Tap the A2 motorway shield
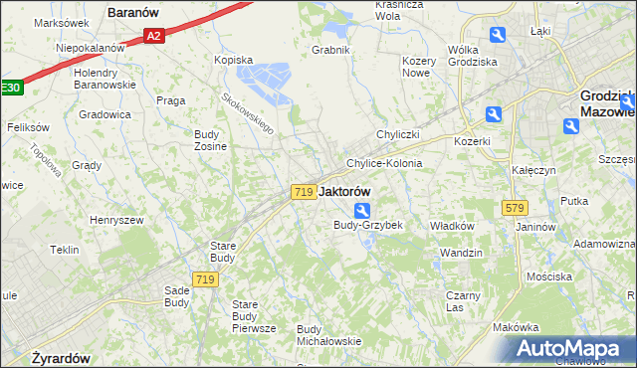click(152, 36)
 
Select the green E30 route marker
click(10, 88)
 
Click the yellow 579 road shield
click(515, 207)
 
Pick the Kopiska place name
click(234, 59)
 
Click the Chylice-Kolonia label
click(384, 162)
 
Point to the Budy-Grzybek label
click(367, 225)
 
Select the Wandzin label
click(461, 253)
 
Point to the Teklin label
click(64, 250)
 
